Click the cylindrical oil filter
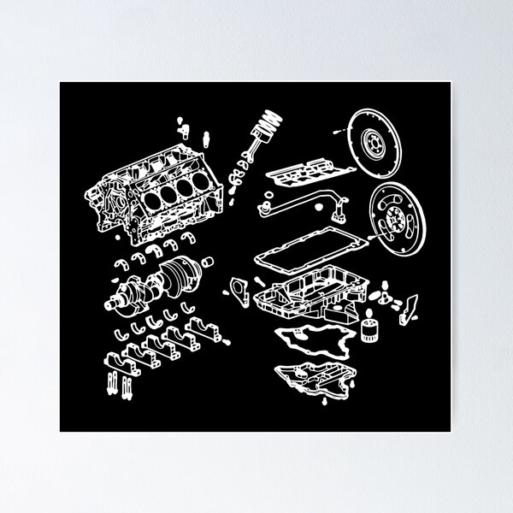pyautogui.click(x=369, y=332)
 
